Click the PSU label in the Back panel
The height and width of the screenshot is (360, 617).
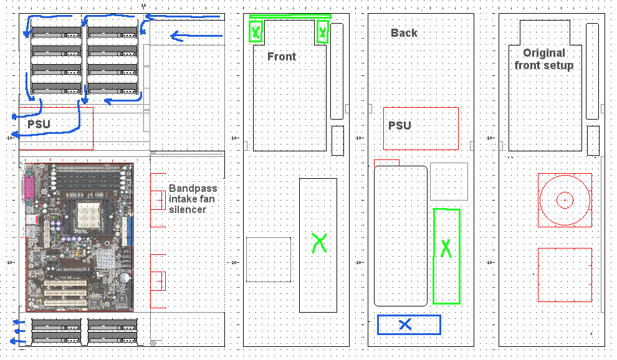(x=399, y=126)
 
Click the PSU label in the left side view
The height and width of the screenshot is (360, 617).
(x=39, y=125)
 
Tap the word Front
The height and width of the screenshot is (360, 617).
(x=282, y=57)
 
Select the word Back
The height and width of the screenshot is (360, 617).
(x=404, y=33)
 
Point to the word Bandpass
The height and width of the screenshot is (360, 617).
(x=193, y=188)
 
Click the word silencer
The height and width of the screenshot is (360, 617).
(x=188, y=209)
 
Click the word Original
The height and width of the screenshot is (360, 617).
(x=544, y=53)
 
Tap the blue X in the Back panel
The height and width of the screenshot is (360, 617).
(x=405, y=324)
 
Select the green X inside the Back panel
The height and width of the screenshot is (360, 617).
(x=446, y=248)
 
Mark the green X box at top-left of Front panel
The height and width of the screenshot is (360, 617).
(x=256, y=32)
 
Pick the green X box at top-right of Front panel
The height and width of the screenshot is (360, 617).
(x=322, y=31)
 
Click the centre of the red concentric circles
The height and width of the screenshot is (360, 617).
(x=564, y=200)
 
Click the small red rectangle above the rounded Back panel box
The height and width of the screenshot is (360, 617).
(x=386, y=163)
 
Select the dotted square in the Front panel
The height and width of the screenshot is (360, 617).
(x=268, y=258)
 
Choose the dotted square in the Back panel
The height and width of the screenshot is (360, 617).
(x=449, y=181)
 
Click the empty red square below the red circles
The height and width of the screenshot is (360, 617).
(x=564, y=275)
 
